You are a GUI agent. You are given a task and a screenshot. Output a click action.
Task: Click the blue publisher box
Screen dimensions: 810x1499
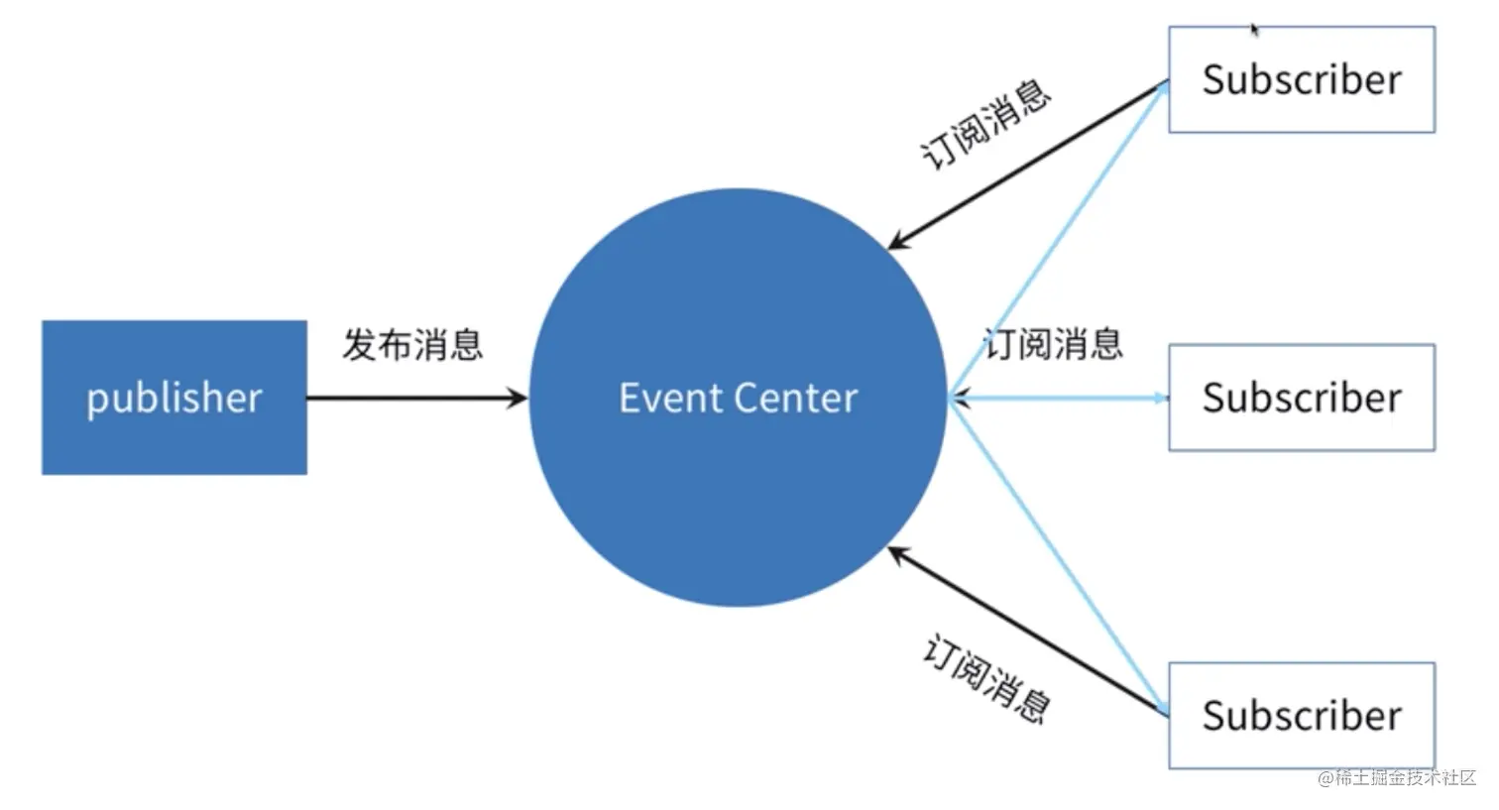coord(174,397)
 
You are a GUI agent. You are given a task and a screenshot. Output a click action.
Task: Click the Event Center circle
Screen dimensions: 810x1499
coord(738,476)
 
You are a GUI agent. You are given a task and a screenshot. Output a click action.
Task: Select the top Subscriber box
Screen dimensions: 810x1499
coord(1301,79)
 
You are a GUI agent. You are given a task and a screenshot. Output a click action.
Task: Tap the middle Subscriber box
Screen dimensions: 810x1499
coord(1301,398)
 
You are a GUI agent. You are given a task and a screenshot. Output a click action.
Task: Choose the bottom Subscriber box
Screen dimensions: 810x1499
coord(1301,715)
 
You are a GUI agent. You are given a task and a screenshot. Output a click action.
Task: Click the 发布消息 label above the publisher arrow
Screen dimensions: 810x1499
coord(412,345)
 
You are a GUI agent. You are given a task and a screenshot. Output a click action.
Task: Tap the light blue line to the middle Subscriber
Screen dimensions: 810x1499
coord(1061,399)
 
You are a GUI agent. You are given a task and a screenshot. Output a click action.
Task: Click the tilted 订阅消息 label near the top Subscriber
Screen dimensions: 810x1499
coord(986,125)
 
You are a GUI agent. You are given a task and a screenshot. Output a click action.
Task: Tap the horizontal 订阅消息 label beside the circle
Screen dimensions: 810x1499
coord(1053,344)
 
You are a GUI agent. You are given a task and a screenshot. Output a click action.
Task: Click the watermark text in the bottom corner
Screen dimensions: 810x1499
coord(1397,777)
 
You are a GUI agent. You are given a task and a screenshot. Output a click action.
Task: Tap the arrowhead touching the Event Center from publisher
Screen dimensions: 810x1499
coord(518,399)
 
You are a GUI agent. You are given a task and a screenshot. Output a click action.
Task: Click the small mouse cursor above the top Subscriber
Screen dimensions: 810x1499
coord(1254,30)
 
